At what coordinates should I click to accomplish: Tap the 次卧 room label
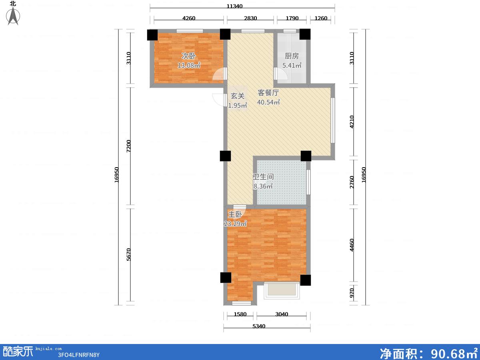tap(188, 56)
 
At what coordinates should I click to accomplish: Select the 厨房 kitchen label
tap(292, 56)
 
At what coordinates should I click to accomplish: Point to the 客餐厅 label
tap(268, 93)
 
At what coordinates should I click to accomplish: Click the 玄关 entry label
tap(238, 96)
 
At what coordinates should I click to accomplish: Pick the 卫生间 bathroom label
tap(263, 177)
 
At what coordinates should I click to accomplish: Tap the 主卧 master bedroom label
tap(235, 214)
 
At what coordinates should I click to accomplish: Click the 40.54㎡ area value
tap(268, 102)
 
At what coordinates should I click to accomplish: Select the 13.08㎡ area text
tap(189, 65)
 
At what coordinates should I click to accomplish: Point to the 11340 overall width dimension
tap(234, 6)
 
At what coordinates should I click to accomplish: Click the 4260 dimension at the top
tap(189, 18)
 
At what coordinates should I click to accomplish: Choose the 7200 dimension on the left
tap(128, 146)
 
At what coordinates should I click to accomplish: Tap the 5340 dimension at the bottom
tap(259, 326)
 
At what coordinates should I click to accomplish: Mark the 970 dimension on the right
tap(352, 293)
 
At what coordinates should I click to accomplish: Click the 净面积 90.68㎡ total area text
tap(429, 353)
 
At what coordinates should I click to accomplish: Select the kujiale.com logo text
tap(48, 349)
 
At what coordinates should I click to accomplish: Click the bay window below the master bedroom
tap(282, 290)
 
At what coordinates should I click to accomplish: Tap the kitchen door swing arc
tap(281, 74)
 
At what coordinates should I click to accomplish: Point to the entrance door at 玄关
tap(219, 100)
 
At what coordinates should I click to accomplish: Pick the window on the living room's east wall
tap(333, 120)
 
